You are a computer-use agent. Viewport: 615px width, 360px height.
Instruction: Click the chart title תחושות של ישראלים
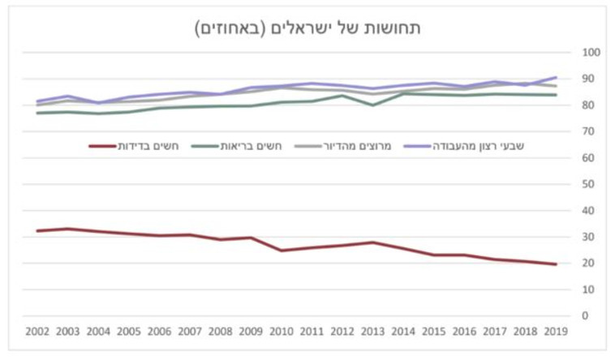click(307, 28)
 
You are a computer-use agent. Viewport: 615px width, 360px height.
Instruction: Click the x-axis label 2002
click(37, 332)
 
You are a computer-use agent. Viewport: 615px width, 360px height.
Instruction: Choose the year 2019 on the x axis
click(556, 332)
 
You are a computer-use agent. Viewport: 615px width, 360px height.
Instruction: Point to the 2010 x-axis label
click(282, 332)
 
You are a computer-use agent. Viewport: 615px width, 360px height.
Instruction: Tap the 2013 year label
click(372, 332)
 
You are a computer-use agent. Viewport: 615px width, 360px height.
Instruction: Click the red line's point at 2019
click(556, 264)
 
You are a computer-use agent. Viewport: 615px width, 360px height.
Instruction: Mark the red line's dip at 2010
click(282, 251)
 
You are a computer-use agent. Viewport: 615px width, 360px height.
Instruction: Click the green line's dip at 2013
click(372, 105)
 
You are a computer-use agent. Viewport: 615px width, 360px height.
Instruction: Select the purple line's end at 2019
click(556, 77)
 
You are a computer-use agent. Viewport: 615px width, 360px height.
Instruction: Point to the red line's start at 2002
click(37, 231)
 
